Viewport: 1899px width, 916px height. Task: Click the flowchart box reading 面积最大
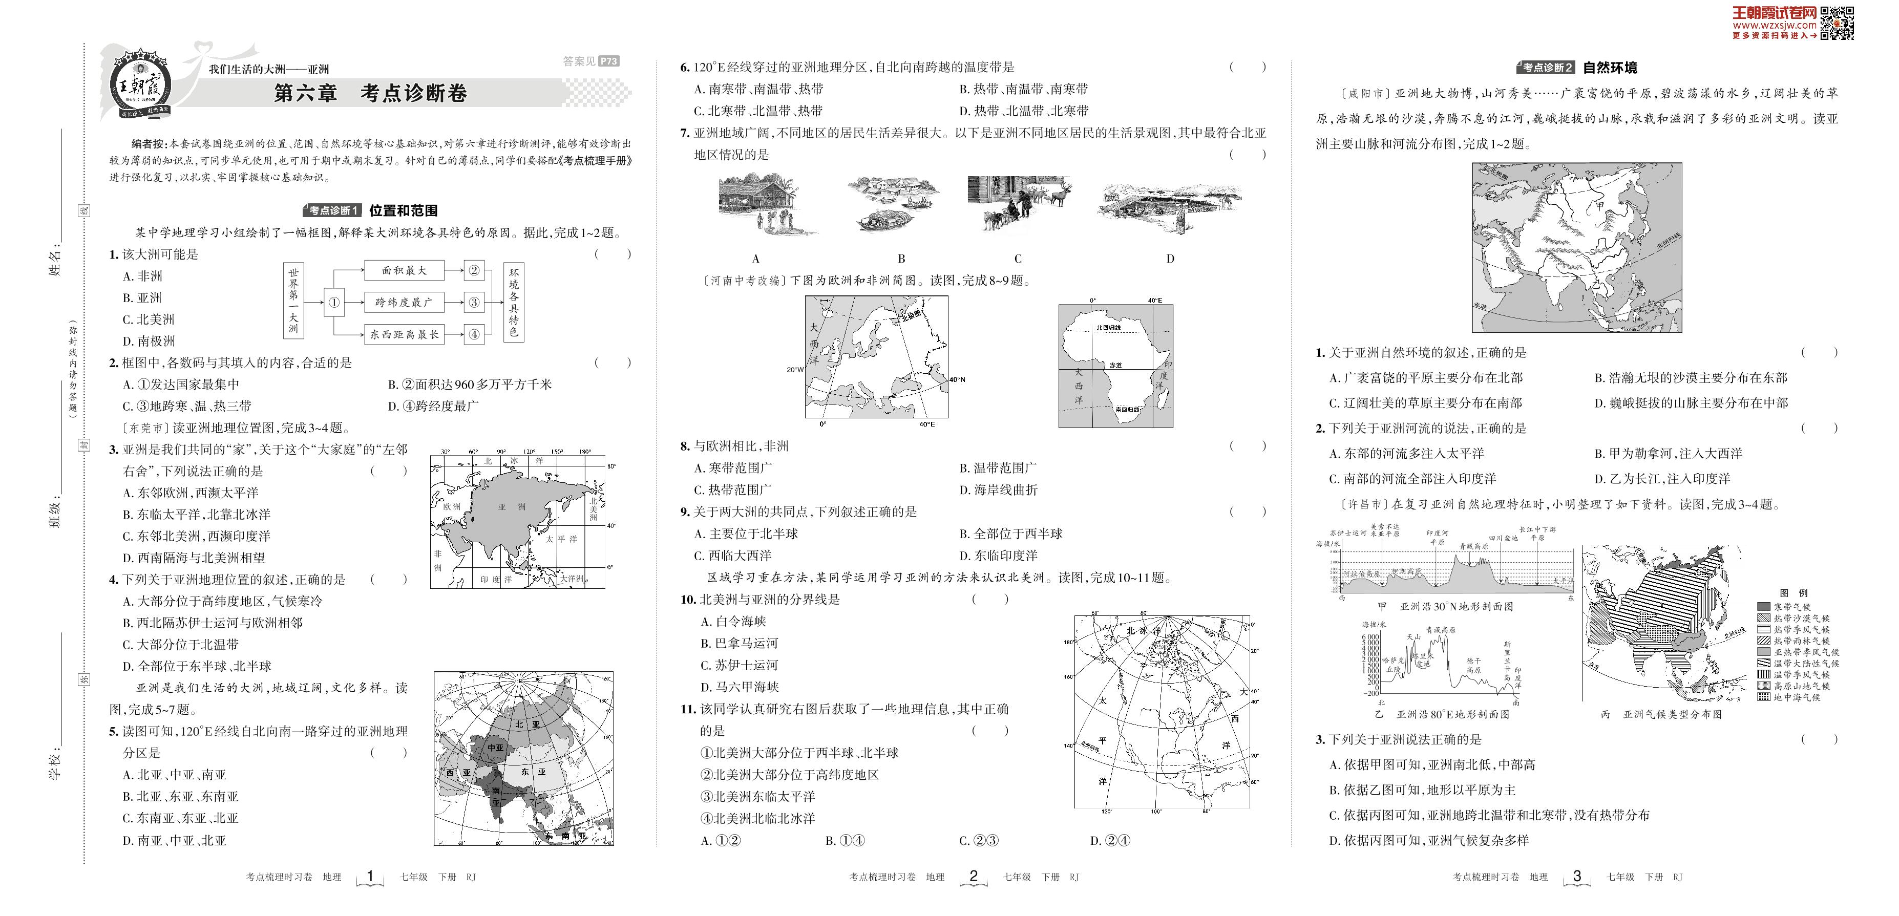coord(404,270)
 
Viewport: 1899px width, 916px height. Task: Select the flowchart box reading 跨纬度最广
coord(404,302)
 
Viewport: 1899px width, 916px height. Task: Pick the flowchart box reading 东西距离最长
coord(404,334)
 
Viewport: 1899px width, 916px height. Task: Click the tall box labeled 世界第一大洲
coord(293,302)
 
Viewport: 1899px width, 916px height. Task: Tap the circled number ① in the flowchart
coord(334,302)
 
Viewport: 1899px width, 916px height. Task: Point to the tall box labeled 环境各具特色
coord(513,302)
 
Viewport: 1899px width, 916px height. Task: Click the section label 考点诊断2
coord(1546,68)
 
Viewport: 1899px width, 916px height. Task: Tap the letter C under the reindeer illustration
coord(1018,259)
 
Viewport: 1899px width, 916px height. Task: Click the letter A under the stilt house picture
coord(755,259)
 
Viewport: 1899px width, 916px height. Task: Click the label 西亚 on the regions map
coord(458,772)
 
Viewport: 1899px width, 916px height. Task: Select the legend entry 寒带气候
coord(1791,607)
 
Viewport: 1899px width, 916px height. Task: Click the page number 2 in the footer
coord(973,876)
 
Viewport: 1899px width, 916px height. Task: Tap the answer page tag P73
coord(609,61)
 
